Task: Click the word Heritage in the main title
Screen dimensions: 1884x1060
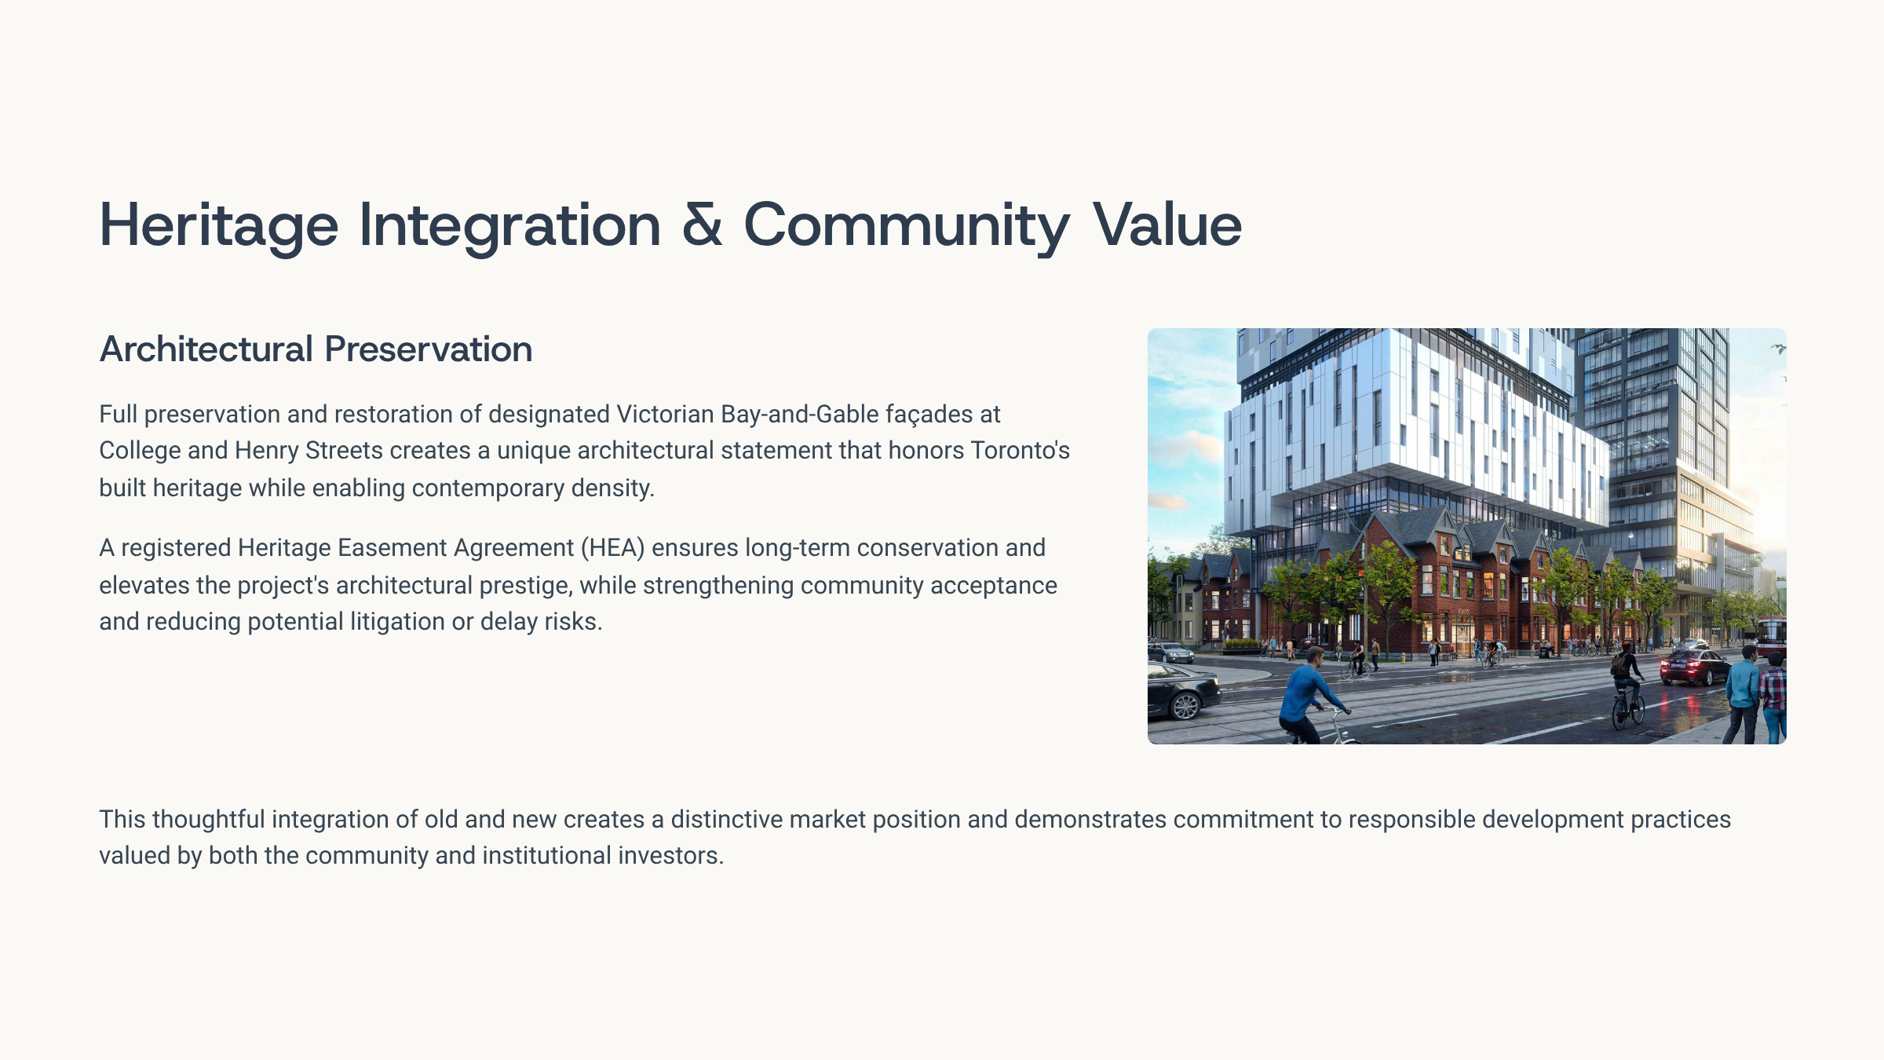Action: point(219,225)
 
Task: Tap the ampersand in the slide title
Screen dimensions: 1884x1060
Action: point(702,225)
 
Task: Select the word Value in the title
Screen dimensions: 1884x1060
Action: point(1167,225)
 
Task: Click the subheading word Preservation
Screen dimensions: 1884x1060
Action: point(429,349)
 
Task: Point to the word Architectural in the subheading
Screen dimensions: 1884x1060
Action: point(206,349)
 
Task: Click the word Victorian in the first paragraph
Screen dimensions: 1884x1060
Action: point(665,414)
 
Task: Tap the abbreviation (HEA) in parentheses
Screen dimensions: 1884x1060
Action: point(613,548)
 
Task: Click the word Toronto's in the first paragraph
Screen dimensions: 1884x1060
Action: point(1020,451)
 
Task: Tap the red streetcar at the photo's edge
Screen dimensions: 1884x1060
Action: point(1773,636)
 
